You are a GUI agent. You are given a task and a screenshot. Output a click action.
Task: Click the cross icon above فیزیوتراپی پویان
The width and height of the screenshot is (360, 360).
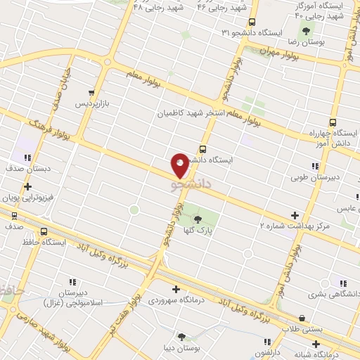tap(27, 187)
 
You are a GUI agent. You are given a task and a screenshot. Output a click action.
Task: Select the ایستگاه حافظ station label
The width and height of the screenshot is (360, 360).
tap(44, 242)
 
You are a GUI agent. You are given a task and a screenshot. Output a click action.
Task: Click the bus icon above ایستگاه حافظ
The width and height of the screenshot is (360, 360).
tap(44, 231)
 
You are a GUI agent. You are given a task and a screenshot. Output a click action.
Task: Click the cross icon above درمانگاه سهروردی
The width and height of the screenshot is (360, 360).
tap(176, 289)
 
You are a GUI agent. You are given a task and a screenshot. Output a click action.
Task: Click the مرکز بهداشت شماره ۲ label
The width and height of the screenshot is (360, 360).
tap(295, 226)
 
